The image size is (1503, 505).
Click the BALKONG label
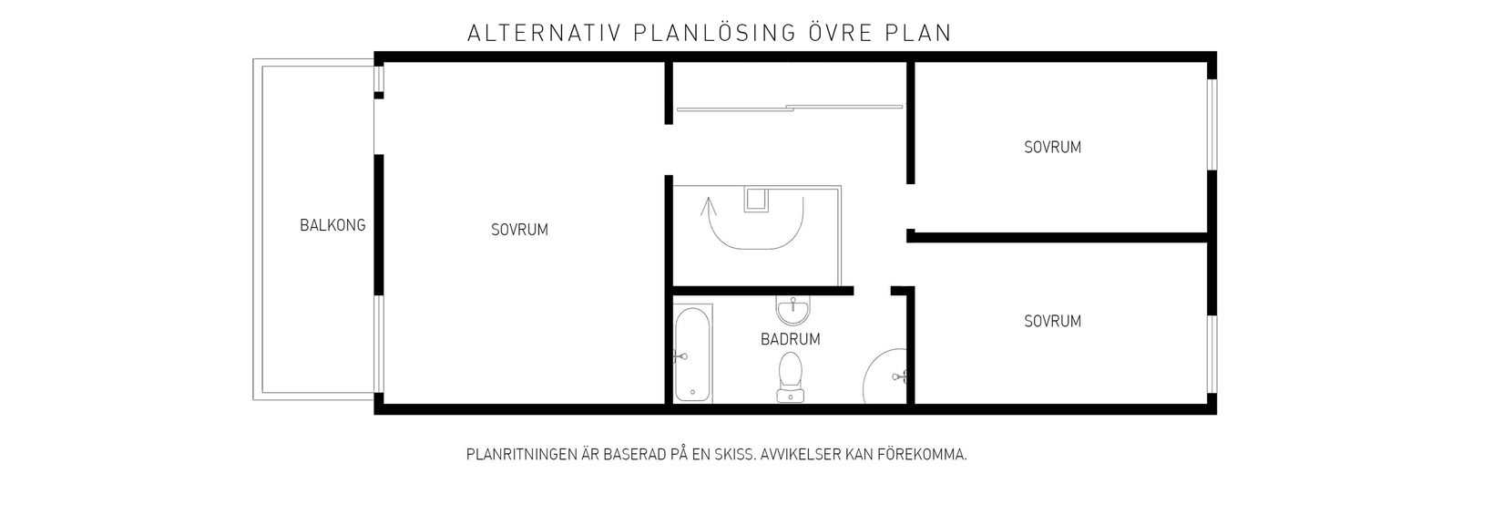332,225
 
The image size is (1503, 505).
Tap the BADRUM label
790,339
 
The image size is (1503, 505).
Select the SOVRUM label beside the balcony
519,230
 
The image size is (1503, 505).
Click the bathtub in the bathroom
693,354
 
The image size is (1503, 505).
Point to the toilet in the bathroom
790,378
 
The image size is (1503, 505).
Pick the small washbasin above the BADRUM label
792,308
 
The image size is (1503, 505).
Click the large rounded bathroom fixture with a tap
885,375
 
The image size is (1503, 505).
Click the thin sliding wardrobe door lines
789,108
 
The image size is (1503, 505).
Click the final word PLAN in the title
918,34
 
